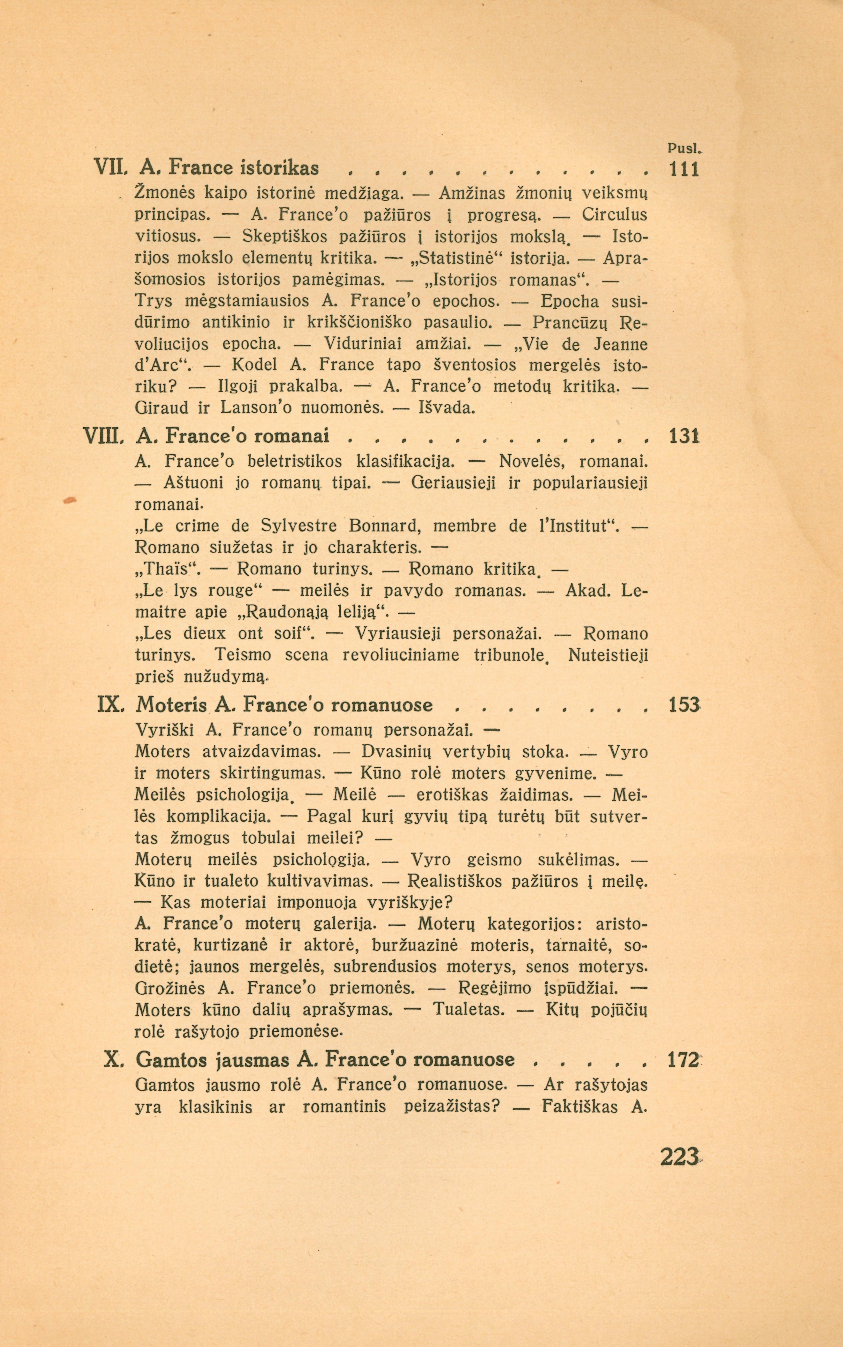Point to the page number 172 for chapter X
pos(682,1059)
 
